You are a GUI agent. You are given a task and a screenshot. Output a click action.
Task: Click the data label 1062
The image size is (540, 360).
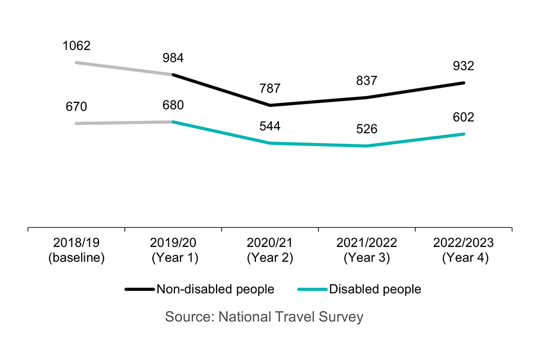[x=76, y=46]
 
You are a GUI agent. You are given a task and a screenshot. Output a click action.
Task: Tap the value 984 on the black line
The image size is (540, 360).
[x=173, y=58]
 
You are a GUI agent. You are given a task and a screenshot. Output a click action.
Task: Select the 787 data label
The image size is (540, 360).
[x=270, y=89]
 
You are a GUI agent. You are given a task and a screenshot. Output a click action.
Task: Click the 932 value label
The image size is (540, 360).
[x=463, y=66]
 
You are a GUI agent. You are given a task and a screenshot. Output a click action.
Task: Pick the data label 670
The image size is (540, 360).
[x=76, y=107]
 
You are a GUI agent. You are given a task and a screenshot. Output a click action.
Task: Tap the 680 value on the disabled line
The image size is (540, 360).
[x=173, y=105]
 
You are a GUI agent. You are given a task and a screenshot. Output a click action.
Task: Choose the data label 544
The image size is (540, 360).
[x=270, y=127]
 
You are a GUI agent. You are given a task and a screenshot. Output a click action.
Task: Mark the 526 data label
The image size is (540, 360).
[x=367, y=129]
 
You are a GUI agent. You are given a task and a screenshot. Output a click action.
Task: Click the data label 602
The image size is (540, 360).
[x=463, y=118]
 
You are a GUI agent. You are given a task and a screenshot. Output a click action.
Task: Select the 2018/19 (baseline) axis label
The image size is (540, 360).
[x=76, y=251]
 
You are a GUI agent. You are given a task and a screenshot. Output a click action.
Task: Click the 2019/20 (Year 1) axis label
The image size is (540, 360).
[x=173, y=251]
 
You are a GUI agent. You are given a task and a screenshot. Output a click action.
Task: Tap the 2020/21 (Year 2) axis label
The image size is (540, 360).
[x=270, y=251]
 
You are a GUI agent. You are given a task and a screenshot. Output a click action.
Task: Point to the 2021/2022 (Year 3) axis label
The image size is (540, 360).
[x=367, y=251]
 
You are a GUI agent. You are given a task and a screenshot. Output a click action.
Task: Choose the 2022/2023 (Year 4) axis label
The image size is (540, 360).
[x=463, y=251]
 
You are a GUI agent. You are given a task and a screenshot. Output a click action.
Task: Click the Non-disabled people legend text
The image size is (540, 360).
[x=215, y=290]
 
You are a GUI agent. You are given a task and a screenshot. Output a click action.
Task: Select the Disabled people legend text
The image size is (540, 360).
[x=375, y=290]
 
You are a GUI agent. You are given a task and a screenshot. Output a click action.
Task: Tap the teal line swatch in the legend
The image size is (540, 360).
[x=312, y=290]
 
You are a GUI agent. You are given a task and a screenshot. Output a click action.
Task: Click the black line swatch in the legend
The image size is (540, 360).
[x=139, y=290]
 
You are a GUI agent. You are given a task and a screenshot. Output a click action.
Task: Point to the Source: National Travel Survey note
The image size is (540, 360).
[x=264, y=317]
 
